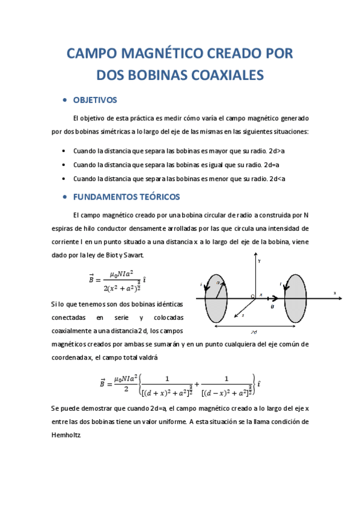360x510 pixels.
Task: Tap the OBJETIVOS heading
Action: pos(95,100)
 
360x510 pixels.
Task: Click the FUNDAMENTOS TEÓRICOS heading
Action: pos(127,197)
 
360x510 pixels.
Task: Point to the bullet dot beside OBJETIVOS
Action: pos(65,100)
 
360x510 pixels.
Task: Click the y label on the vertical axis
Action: pos(259,262)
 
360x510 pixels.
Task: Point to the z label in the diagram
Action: pos(236,315)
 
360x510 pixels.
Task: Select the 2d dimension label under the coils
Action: pos(255,332)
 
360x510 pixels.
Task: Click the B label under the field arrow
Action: pos(272,306)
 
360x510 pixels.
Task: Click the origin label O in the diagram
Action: pos(252,295)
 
